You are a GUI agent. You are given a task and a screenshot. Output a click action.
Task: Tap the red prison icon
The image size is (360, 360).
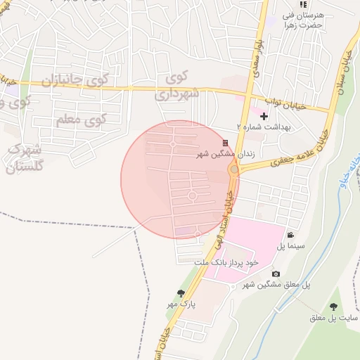click(226, 143)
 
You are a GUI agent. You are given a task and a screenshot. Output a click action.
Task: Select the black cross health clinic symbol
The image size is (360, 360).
click(264, 116)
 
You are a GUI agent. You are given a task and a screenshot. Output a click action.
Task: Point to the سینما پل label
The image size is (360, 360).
click(290, 245)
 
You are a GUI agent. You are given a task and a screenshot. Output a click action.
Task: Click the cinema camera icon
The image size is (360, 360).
click(290, 235)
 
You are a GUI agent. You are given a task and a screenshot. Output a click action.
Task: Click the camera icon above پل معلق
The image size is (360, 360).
click(276, 274)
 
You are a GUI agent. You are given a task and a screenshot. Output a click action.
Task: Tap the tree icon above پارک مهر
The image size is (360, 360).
click(181, 294)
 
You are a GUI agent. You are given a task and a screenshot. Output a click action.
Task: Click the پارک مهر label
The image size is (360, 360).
click(180, 304)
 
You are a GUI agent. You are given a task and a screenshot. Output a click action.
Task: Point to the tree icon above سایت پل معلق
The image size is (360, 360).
click(333, 307)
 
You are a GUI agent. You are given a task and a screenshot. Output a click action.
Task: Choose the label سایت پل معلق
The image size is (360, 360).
click(327, 318)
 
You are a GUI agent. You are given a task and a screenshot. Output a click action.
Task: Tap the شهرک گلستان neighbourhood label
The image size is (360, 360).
click(25, 158)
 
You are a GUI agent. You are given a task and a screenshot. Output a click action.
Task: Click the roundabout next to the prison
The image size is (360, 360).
click(234, 169)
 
